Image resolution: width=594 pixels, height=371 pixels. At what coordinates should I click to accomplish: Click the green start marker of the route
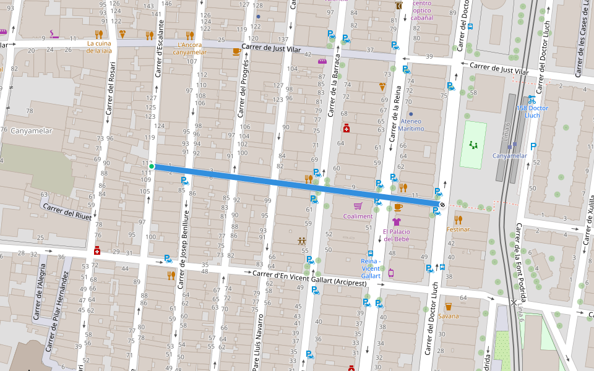(x=152, y=166)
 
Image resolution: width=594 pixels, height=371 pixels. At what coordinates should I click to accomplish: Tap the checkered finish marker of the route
(x=442, y=205)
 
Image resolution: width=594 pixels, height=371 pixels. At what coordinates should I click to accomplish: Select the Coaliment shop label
(x=358, y=216)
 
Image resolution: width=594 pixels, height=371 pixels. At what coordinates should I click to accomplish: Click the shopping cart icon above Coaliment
(x=358, y=206)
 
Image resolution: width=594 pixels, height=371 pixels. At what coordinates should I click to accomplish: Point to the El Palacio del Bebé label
(x=397, y=235)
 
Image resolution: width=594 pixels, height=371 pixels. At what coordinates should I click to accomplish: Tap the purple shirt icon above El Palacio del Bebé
(x=397, y=222)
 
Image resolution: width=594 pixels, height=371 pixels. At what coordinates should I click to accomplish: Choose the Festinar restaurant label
(x=458, y=229)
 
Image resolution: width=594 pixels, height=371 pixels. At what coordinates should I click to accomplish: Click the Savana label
(x=449, y=316)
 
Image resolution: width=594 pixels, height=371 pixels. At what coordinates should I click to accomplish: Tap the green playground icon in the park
(x=474, y=145)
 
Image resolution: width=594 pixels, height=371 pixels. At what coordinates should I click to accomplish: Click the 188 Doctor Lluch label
(x=532, y=111)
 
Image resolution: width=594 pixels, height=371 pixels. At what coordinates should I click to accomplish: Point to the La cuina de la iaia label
(x=99, y=47)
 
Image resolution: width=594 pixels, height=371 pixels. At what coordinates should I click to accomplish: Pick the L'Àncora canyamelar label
(x=190, y=48)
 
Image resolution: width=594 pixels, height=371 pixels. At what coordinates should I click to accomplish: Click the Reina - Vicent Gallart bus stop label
(x=370, y=268)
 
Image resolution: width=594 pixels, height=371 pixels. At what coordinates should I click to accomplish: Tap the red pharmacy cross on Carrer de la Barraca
(x=347, y=128)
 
